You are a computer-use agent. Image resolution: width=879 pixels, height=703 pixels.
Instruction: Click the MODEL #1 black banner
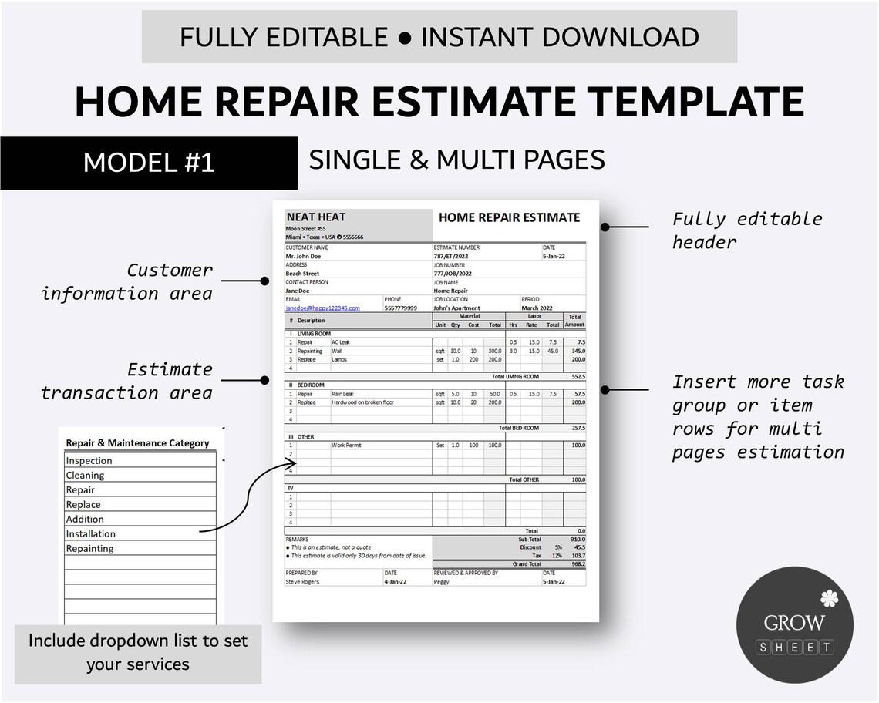[x=149, y=163]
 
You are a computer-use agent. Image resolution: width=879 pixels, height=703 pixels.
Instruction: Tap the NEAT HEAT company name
[x=316, y=218]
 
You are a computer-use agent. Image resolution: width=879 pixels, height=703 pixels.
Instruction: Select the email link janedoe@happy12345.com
[x=322, y=308]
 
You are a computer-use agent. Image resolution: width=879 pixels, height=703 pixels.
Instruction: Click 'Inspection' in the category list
[x=89, y=460]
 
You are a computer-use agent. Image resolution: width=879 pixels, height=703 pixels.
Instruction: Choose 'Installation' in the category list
[x=91, y=533]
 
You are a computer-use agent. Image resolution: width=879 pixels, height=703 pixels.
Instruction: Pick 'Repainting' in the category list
[x=89, y=548]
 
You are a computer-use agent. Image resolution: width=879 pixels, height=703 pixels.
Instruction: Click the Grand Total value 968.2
[x=578, y=563]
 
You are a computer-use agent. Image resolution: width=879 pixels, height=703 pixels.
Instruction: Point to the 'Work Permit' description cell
[x=346, y=445]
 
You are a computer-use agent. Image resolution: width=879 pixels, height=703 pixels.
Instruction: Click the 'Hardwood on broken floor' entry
[x=362, y=402]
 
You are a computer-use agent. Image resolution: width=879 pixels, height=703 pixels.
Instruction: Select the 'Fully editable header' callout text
[x=746, y=230]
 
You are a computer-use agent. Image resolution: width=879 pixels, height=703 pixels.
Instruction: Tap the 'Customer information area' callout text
[x=126, y=281]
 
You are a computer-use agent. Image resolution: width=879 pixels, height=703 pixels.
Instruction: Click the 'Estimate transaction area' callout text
[x=126, y=381]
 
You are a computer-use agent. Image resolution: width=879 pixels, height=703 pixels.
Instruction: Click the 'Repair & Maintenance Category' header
[x=137, y=443]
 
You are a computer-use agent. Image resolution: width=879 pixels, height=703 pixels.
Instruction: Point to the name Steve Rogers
[x=302, y=582]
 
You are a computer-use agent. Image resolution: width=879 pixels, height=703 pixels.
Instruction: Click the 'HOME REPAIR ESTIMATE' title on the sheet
[x=509, y=218]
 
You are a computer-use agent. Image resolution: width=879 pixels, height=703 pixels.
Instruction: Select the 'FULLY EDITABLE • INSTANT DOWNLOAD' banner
[x=439, y=37]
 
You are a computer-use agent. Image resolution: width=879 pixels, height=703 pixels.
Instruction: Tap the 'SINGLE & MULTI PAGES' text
[x=456, y=160]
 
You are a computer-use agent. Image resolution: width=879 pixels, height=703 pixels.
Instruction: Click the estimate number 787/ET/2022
[x=451, y=256]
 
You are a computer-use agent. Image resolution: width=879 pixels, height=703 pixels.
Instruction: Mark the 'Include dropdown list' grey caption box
[x=138, y=652]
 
